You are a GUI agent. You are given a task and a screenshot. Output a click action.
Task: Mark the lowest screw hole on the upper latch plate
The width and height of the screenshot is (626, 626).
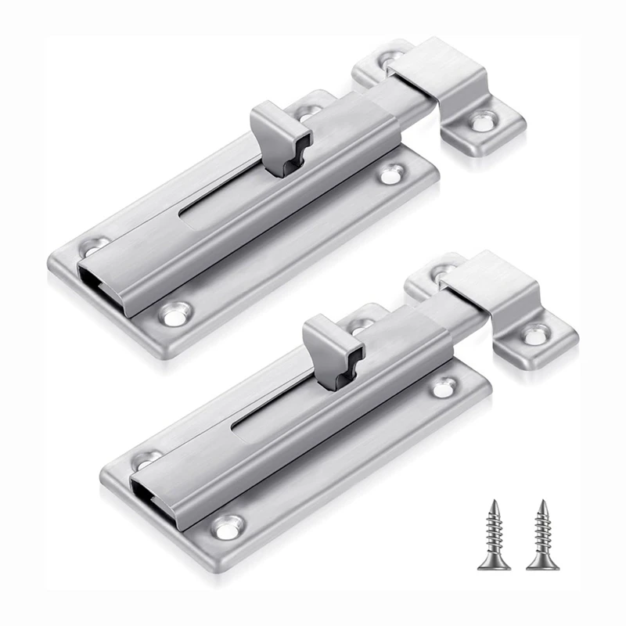pos(174,315)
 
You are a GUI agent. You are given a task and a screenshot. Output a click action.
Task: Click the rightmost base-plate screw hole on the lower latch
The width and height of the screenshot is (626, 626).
pos(446,386)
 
